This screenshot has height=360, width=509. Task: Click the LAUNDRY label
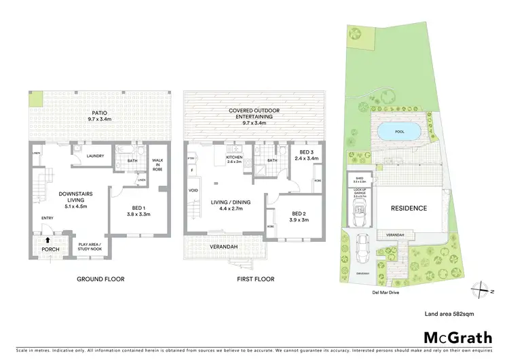(95, 156)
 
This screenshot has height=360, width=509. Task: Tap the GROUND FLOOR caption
(102, 279)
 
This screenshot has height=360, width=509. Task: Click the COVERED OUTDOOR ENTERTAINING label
(254, 113)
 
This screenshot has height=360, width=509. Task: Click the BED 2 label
(299, 217)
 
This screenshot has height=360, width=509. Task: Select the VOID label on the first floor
(194, 191)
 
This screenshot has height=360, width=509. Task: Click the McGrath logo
(453, 337)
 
